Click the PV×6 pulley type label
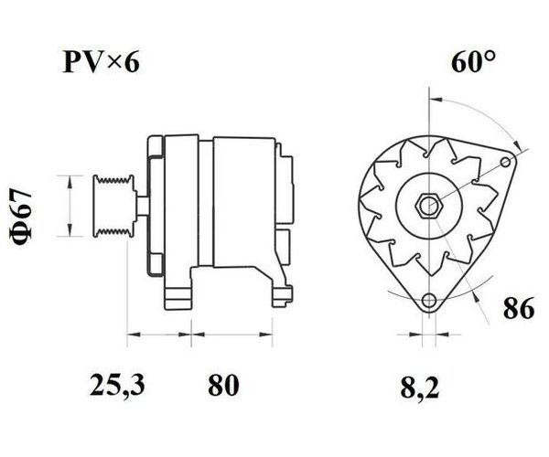pyautogui.click(x=101, y=62)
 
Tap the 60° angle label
pyautogui.click(x=473, y=61)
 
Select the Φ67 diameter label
pyautogui.click(x=22, y=217)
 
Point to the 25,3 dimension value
pyautogui.click(x=117, y=385)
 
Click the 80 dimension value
pyautogui.click(x=223, y=385)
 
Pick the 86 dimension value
pyautogui.click(x=519, y=308)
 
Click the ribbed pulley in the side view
pyautogui.click(x=113, y=207)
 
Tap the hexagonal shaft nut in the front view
pyautogui.click(x=428, y=206)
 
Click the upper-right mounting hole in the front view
pyautogui.click(x=506, y=162)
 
